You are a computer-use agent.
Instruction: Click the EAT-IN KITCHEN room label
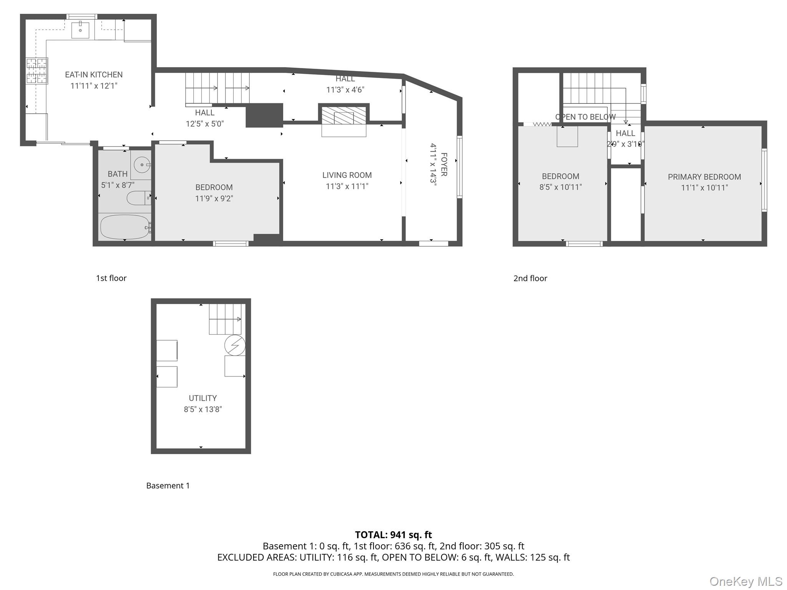[94, 75]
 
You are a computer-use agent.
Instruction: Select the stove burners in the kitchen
[37, 71]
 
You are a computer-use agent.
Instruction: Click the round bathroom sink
[141, 165]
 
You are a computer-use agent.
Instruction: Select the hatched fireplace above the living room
[344, 116]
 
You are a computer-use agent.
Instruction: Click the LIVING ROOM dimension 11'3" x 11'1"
[347, 186]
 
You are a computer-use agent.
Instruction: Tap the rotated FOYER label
[444, 164]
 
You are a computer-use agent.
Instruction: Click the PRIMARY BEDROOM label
[704, 177]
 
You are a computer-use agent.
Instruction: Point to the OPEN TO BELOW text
[585, 117]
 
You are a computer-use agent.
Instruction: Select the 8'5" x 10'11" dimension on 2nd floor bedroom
[560, 187]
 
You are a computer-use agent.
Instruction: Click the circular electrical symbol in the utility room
[235, 345]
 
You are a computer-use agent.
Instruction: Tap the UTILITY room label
[203, 398]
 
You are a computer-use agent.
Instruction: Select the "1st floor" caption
[111, 278]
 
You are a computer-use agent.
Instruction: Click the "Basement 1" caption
[168, 486]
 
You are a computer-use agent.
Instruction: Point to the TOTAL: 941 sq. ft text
[393, 535]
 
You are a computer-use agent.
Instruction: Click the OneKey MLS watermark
[745, 581]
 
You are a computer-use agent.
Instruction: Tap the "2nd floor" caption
[530, 278]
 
